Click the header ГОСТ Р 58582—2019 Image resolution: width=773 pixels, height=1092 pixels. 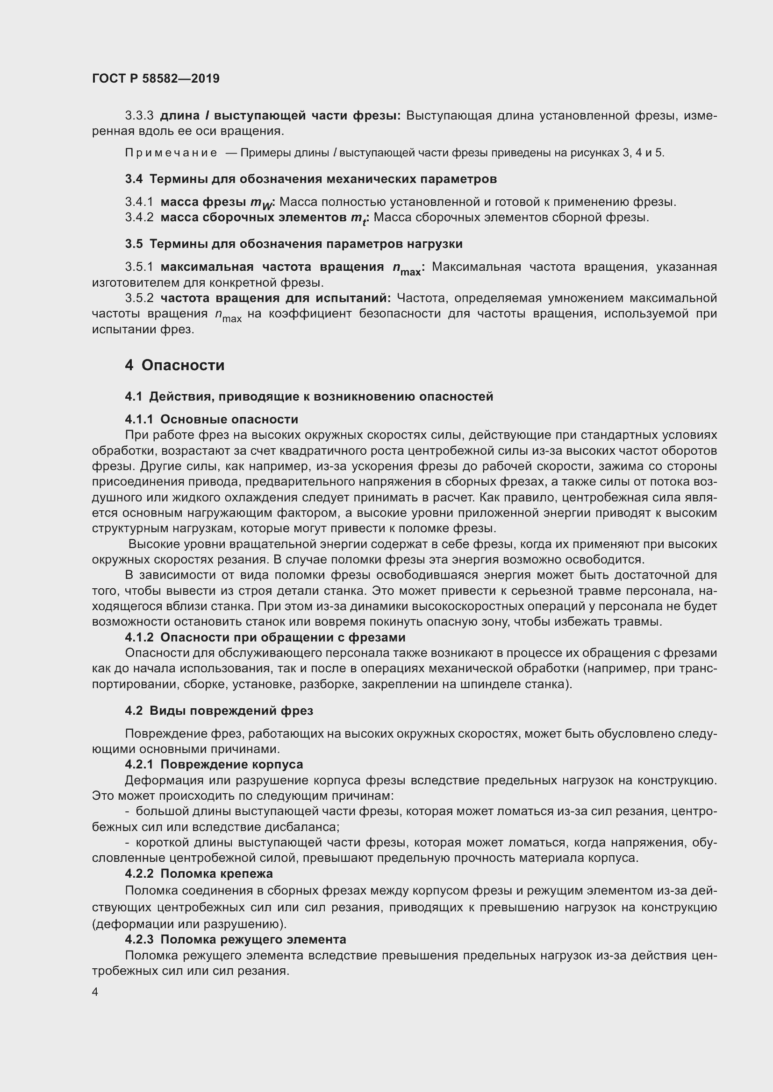[x=156, y=78]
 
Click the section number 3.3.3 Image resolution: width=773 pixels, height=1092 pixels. [x=139, y=116]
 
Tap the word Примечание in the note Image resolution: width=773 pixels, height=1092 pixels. [x=171, y=153]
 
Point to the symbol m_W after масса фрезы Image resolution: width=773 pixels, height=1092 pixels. [x=262, y=203]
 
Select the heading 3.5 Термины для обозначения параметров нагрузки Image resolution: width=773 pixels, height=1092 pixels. [x=293, y=244]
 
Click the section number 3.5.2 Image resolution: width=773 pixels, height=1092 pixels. [x=139, y=298]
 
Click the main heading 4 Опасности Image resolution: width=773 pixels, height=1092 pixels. [x=175, y=365]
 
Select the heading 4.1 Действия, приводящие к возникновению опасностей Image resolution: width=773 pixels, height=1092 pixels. [x=309, y=396]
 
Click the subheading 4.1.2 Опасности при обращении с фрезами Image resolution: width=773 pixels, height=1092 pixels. [x=265, y=637]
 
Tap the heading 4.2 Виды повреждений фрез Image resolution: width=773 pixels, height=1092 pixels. [x=219, y=711]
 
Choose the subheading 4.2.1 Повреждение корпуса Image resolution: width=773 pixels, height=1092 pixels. [x=214, y=764]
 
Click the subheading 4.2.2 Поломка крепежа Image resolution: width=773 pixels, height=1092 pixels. [x=199, y=874]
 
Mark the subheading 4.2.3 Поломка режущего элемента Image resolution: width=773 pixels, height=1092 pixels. [x=235, y=939]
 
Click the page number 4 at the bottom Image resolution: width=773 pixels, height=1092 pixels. [x=95, y=992]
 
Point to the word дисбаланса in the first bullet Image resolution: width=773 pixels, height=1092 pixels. [x=306, y=827]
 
